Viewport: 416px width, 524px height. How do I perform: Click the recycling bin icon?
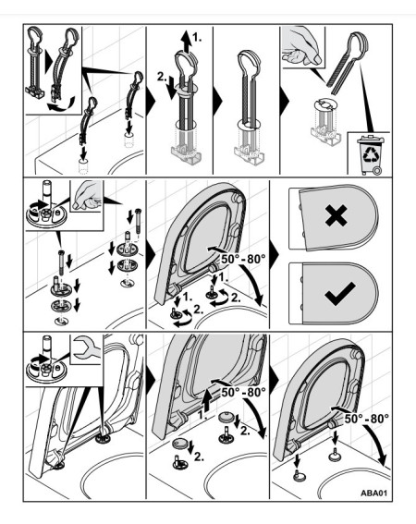371,154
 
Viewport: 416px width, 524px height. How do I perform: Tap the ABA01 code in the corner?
373,493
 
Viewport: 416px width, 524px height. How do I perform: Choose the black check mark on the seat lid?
340,293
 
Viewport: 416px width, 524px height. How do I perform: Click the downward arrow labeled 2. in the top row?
173,88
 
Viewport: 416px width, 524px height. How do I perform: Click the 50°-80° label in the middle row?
243,259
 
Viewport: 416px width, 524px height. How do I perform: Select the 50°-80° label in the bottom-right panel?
366,419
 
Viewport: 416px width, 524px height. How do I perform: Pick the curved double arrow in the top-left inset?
61,104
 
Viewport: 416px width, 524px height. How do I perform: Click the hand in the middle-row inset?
86,196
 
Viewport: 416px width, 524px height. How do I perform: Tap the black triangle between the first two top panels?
151,100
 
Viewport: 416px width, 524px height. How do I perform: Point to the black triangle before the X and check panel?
274,255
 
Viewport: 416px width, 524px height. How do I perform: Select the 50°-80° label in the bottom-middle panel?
243,392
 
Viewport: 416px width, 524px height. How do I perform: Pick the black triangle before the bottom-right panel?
274,381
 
